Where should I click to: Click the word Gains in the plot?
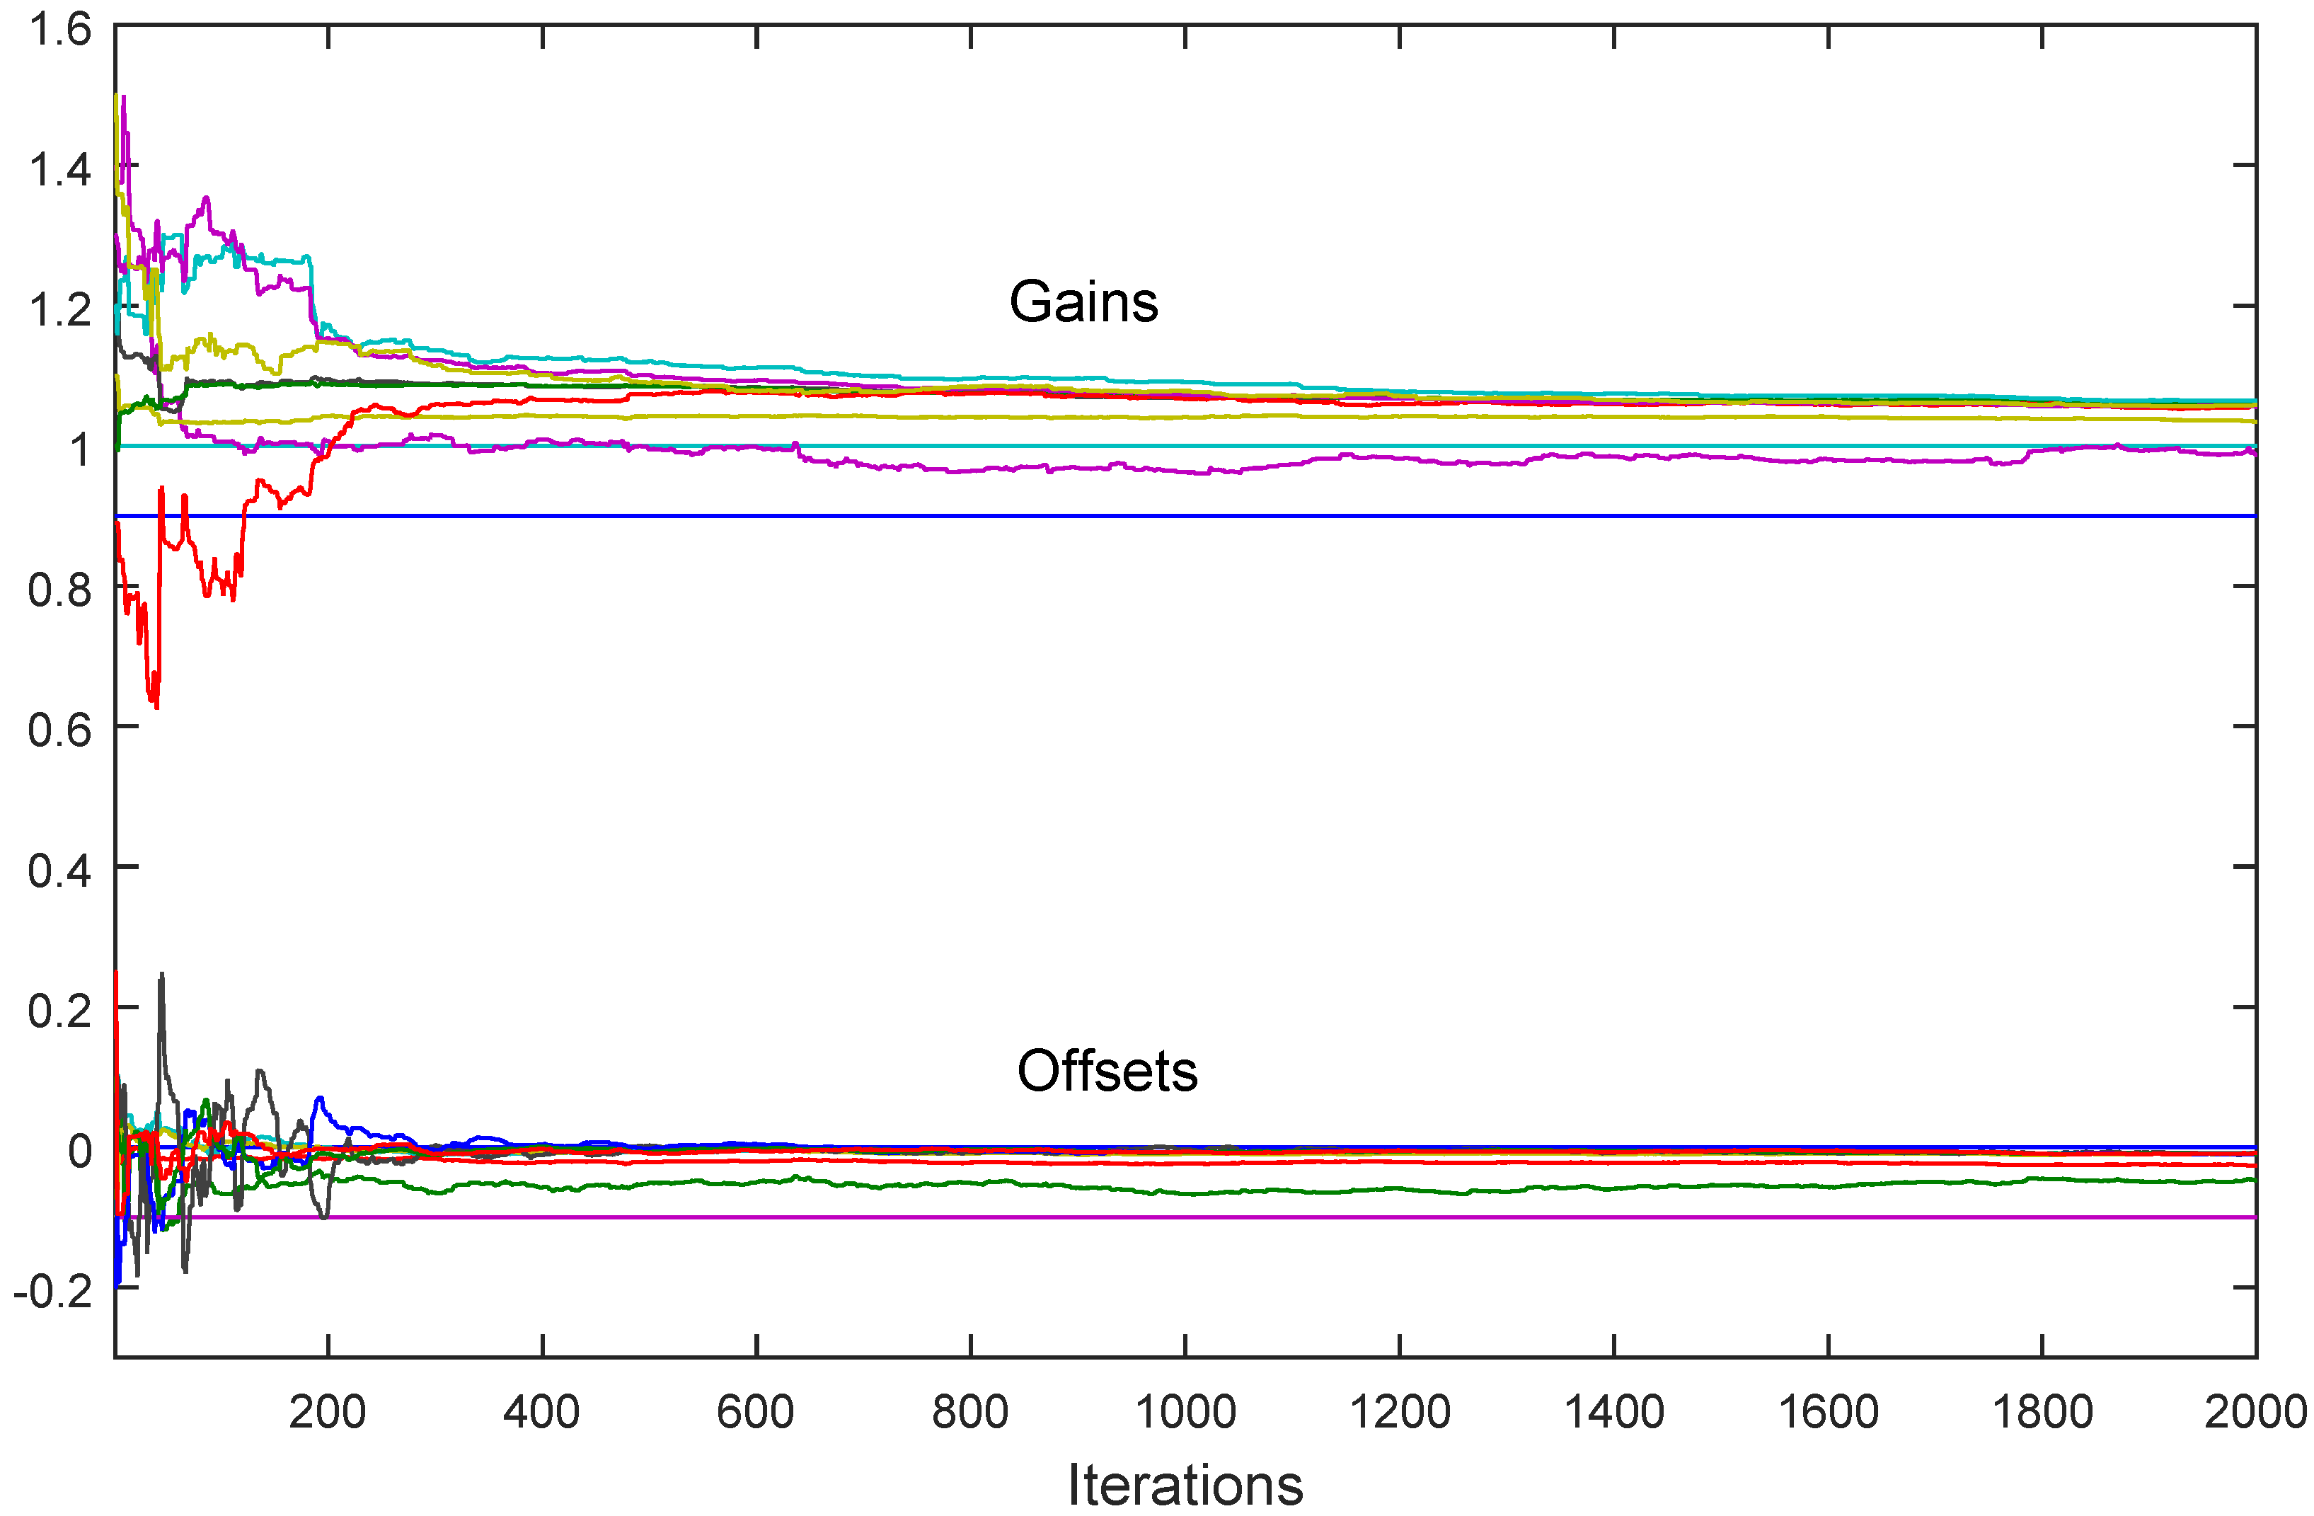1083,302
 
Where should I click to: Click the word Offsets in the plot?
1107,1072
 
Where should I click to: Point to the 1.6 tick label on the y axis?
60,30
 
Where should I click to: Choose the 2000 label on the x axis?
2254,1412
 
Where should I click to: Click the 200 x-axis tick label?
328,1412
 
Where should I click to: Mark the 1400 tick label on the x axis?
1613,1412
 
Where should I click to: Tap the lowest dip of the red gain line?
156,705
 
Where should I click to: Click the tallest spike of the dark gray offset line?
161,975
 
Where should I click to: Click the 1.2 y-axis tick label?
60,310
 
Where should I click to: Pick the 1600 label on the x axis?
1827,1412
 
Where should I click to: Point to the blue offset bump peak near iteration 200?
319,1099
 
